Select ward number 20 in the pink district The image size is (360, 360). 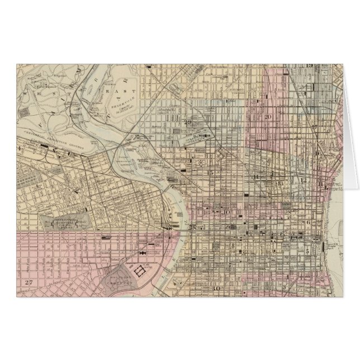268,117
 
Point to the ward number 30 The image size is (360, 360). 217,288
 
